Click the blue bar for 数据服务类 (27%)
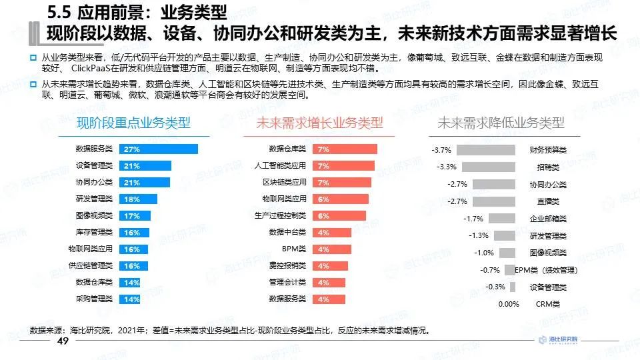click(158, 149)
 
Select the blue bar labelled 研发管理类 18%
click(138, 199)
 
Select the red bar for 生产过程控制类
click(340, 216)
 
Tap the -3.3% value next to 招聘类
click(446, 167)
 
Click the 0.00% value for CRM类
click(509, 304)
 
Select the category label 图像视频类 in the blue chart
click(94, 216)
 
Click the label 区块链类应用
click(284, 183)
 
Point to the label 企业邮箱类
click(548, 219)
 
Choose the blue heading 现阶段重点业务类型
click(133, 123)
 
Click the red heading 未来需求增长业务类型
click(319, 123)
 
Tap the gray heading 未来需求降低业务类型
click(500, 123)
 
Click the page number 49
click(63, 341)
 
